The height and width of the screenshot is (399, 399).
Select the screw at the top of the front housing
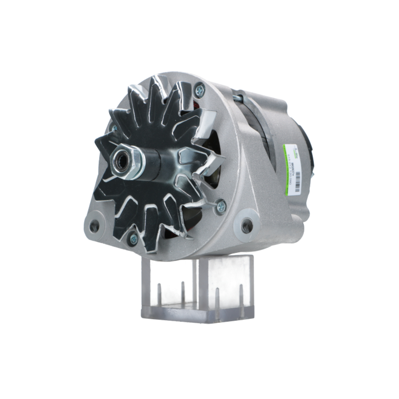tap(199, 91)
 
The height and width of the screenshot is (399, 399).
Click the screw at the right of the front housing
tap(220, 206)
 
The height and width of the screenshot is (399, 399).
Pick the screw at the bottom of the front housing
tap(133, 239)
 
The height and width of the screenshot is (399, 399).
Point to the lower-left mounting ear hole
tap(94, 227)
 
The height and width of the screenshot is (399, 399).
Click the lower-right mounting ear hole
tap(247, 226)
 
